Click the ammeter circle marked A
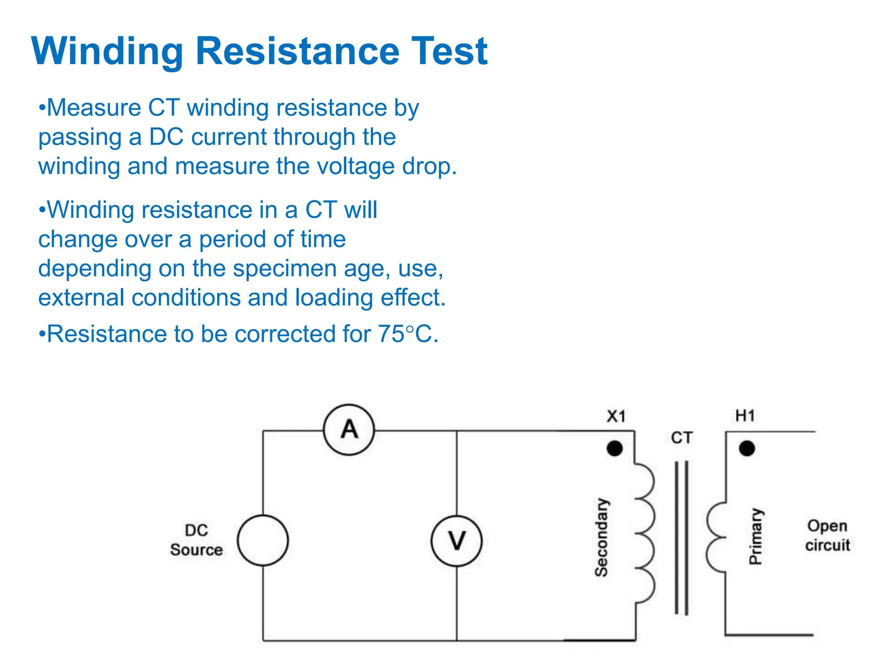tap(349, 429)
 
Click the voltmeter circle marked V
tap(456, 541)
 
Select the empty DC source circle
tap(263, 541)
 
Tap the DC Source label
tap(197, 540)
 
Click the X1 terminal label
tap(616, 416)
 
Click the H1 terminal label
tap(745, 415)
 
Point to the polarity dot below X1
tap(614, 448)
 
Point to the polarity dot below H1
tap(747, 448)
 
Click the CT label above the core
tap(681, 438)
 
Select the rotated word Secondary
tap(602, 537)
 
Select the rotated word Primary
tap(756, 536)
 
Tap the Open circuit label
tap(827, 536)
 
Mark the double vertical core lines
tap(681, 537)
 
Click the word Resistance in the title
tap(297, 51)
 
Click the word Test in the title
tap(449, 51)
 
